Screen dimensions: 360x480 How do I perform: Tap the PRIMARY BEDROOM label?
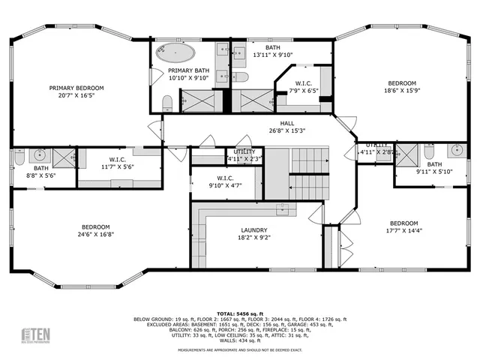click(x=76, y=88)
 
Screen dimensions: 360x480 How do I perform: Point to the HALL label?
click(x=286, y=122)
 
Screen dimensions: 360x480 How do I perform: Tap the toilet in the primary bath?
click(x=167, y=103)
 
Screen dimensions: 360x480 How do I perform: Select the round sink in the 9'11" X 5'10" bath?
click(x=457, y=150)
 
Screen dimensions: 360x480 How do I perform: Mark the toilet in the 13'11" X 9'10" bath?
click(x=240, y=77)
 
